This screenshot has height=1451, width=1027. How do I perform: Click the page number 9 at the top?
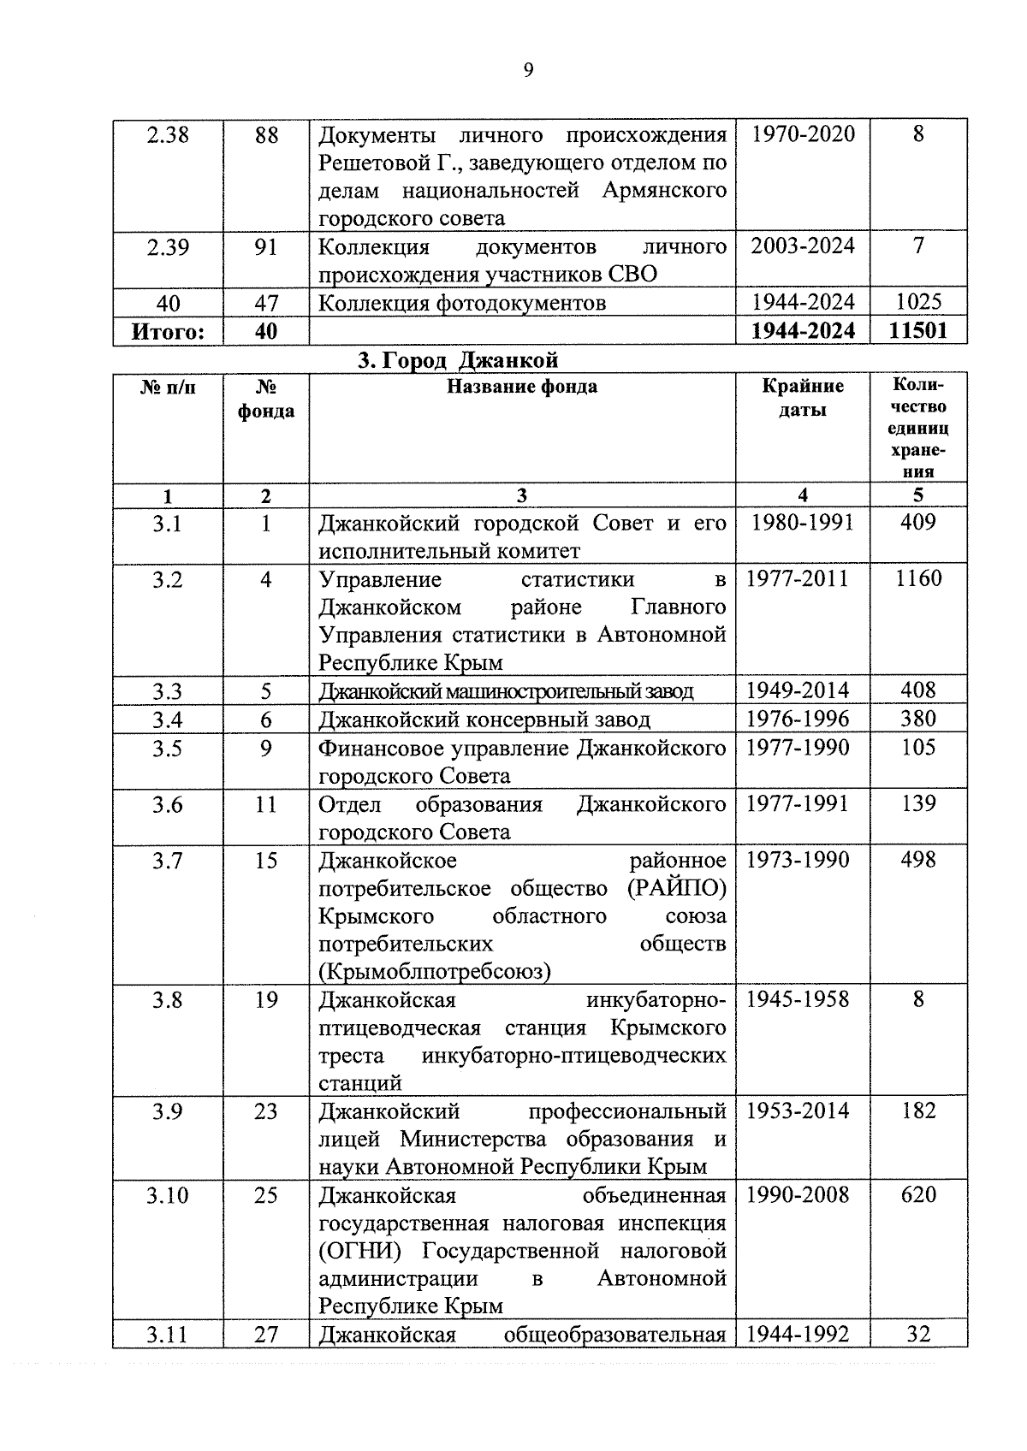point(528,71)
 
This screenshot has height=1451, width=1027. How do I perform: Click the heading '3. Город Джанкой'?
point(458,359)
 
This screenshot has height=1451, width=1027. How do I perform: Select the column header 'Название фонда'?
point(522,387)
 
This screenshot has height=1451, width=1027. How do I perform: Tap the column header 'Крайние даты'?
point(802,398)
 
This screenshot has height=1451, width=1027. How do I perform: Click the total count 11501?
point(918,331)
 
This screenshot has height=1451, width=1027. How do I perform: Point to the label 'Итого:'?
point(168,331)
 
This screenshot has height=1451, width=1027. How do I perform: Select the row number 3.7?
point(168,861)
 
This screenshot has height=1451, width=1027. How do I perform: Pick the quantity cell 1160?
point(918,579)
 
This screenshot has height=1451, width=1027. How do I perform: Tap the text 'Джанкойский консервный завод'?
point(484,720)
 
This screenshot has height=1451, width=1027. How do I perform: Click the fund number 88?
point(266,135)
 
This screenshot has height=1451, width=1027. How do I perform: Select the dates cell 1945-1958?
point(798,999)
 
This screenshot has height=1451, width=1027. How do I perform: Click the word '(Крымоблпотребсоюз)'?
point(435,972)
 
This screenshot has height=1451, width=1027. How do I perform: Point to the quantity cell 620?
point(918,1195)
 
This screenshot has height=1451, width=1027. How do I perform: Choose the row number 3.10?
point(168,1195)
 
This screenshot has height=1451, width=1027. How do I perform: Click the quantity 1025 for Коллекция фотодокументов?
point(918,302)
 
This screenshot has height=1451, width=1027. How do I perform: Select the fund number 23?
point(266,1111)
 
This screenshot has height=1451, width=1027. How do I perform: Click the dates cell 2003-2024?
point(802,246)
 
